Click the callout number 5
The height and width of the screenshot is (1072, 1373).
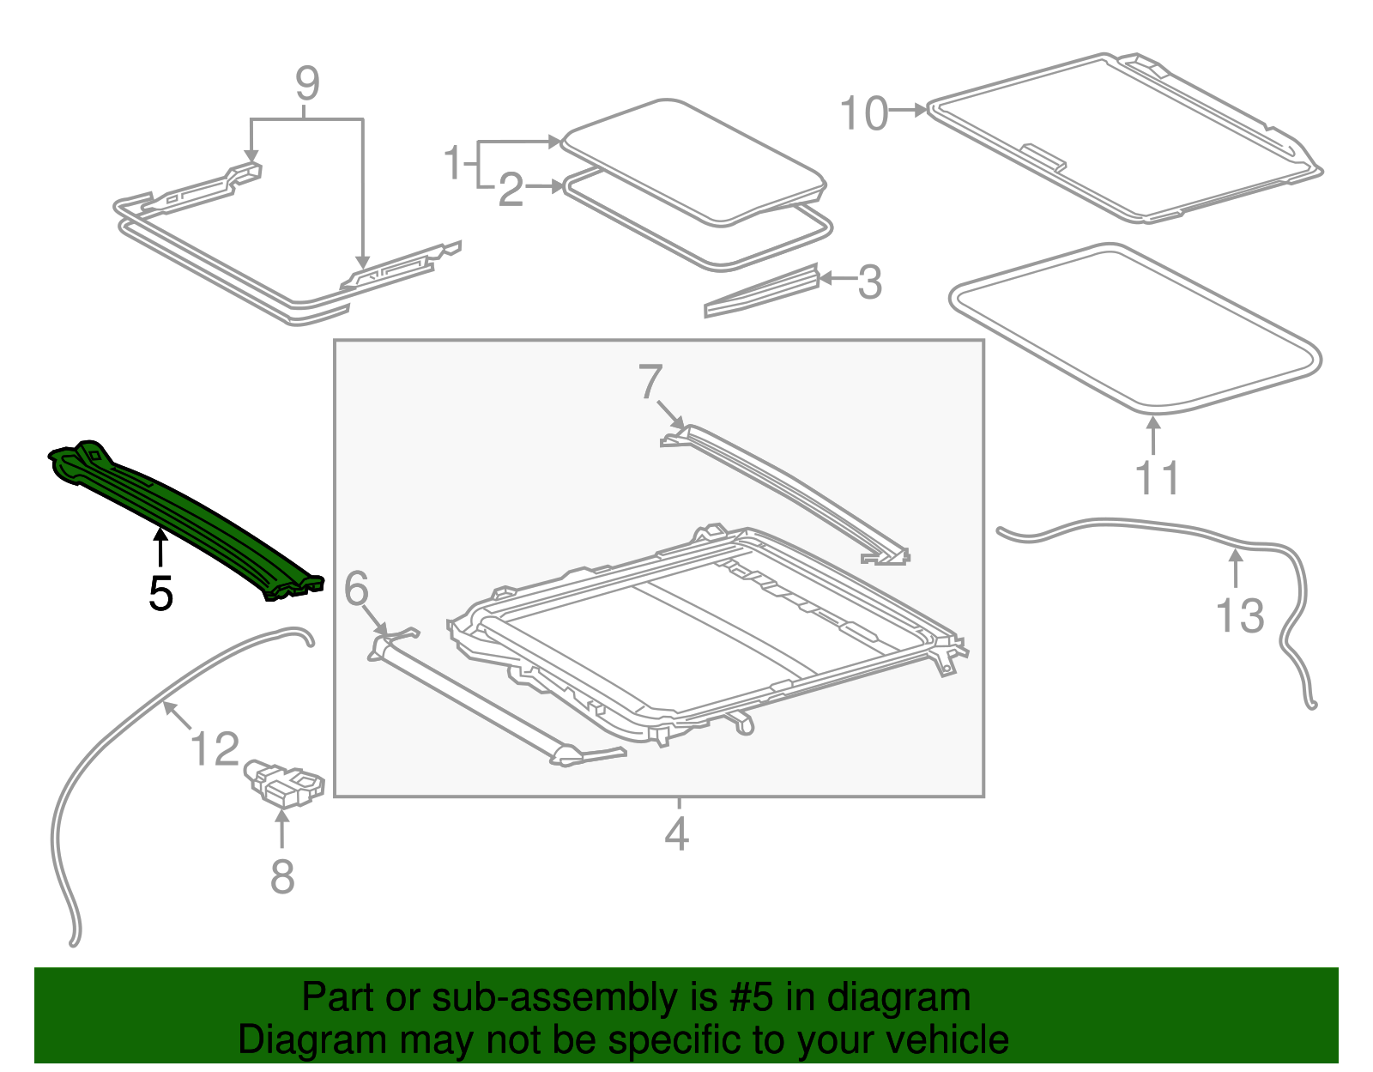click(x=160, y=593)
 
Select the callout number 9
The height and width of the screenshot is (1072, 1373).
click(x=307, y=84)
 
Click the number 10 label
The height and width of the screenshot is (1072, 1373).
click(x=863, y=113)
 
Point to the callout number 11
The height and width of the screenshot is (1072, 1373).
click(x=1157, y=478)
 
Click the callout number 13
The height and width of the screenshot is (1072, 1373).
click(x=1240, y=615)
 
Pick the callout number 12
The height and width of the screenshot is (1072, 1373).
click(x=215, y=748)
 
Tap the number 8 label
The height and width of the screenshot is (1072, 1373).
click(x=282, y=876)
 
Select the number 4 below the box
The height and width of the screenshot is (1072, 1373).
click(x=676, y=834)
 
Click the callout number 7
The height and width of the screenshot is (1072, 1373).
click(x=650, y=382)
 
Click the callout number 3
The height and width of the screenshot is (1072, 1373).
click(x=869, y=282)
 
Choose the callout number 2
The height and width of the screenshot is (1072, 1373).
click(x=511, y=190)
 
